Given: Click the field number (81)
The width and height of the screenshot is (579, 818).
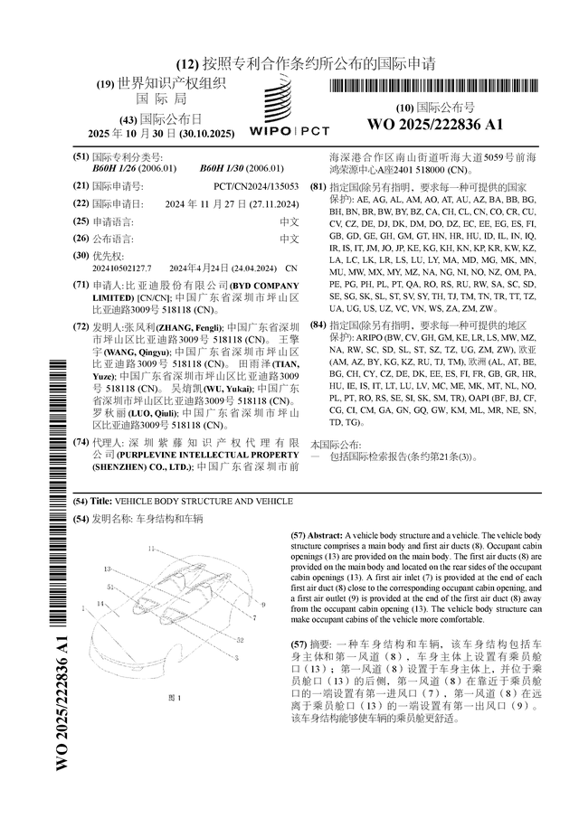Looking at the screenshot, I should point(318,186).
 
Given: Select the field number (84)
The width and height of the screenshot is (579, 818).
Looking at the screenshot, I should point(318,324).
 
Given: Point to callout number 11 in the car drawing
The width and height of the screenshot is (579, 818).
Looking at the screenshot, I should point(151,548).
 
